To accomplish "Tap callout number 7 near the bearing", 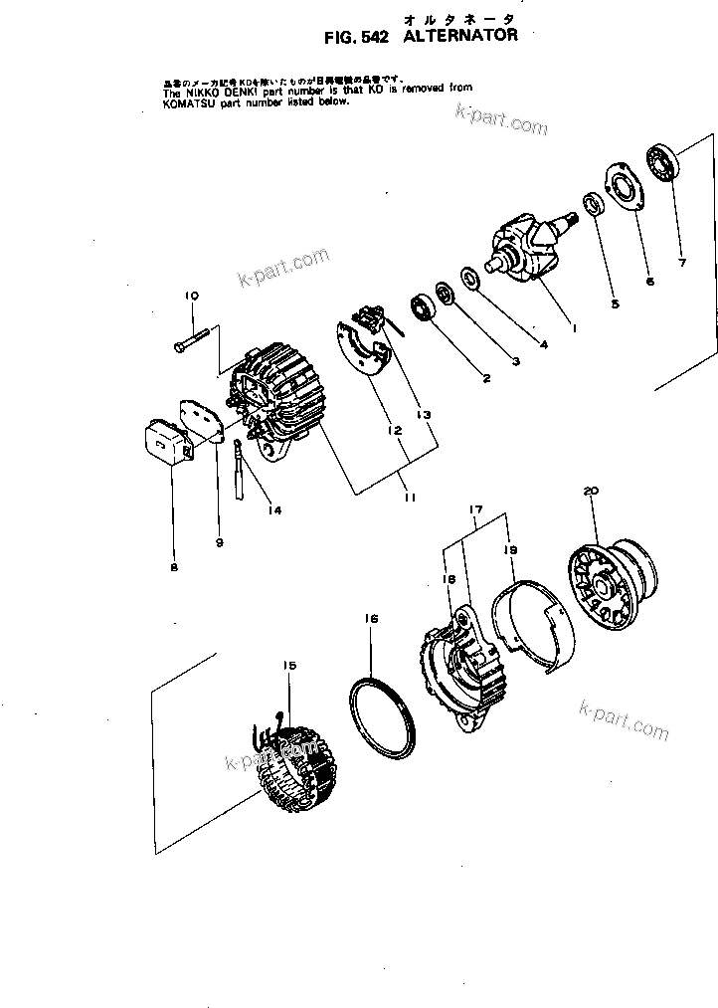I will (x=681, y=264).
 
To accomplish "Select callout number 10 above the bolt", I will (x=191, y=296).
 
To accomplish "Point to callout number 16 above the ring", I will (x=370, y=618).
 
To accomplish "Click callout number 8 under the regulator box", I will (x=174, y=568).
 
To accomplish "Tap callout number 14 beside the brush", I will (x=273, y=510).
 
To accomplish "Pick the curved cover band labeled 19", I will (x=537, y=628).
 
